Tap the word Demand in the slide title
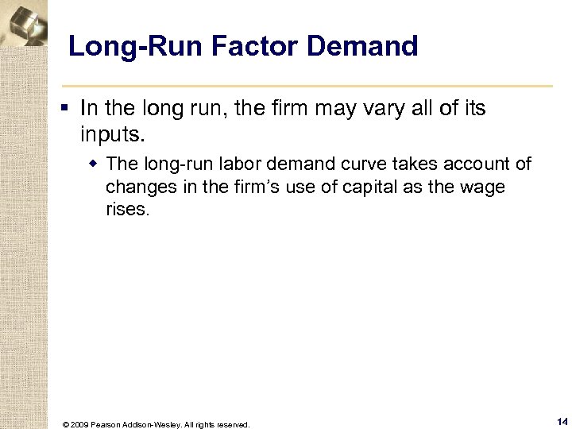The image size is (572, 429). [361, 46]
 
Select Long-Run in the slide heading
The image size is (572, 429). [136, 46]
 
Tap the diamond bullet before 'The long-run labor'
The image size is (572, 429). [94, 164]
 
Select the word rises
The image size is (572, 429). [127, 210]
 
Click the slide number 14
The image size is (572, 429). [562, 422]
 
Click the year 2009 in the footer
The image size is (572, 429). [79, 425]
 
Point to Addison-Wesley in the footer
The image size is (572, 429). [156, 425]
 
